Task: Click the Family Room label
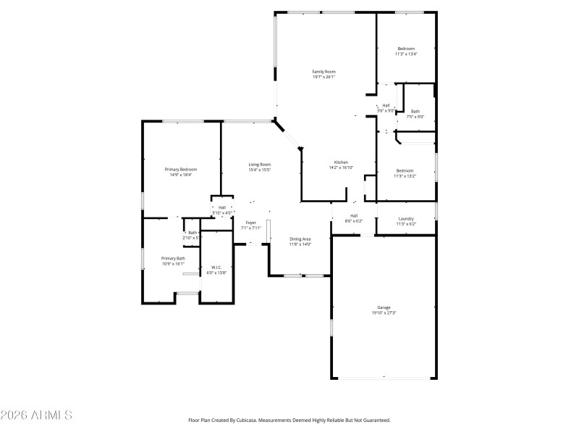tap(324, 72)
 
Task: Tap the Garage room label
tap(383, 307)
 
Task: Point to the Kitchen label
tap(341, 162)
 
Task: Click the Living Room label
tap(260, 165)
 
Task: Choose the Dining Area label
tap(300, 239)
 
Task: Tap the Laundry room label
tap(406, 218)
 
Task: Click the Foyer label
tap(250, 223)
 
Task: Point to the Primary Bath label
tap(173, 259)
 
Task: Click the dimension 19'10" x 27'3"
tap(383, 313)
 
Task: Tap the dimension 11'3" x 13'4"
tap(405, 54)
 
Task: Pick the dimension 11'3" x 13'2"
tap(405, 176)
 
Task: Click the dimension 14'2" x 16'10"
tap(341, 167)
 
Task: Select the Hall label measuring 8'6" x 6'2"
tap(354, 215)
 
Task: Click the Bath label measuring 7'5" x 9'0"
tap(415, 111)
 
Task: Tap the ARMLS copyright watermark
tap(36, 415)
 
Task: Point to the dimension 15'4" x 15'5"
tap(260, 170)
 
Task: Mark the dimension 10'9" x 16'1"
tap(173, 265)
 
